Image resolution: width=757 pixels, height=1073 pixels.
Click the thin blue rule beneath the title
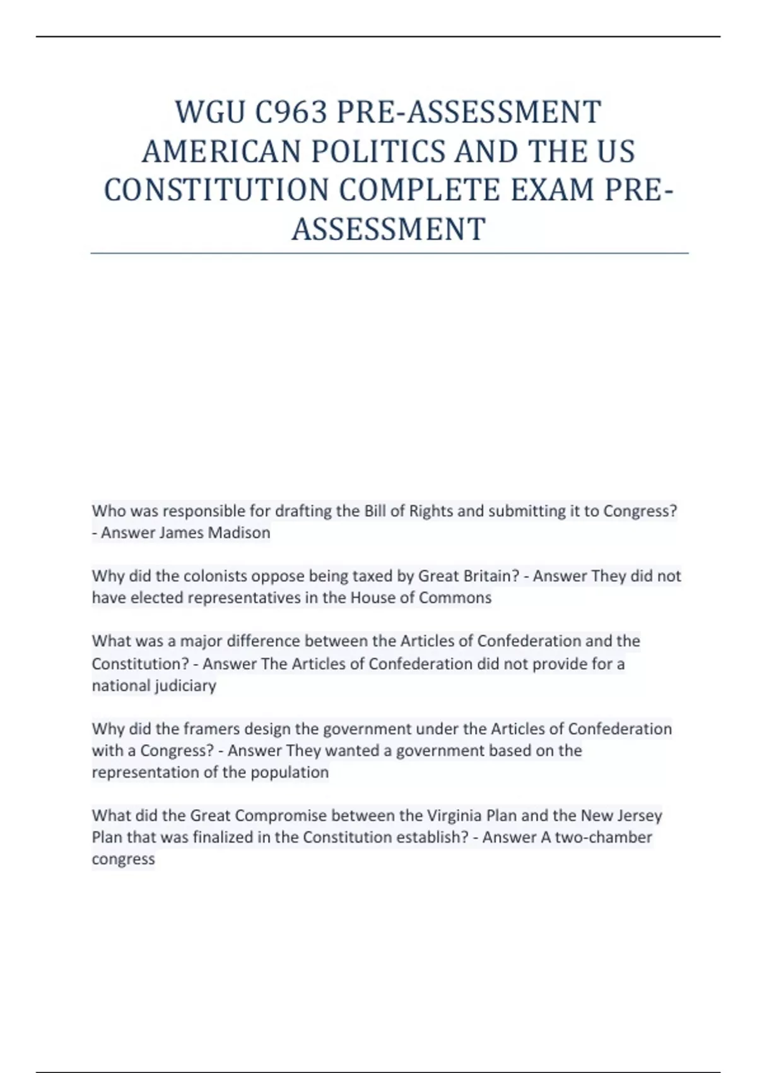click(x=389, y=253)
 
